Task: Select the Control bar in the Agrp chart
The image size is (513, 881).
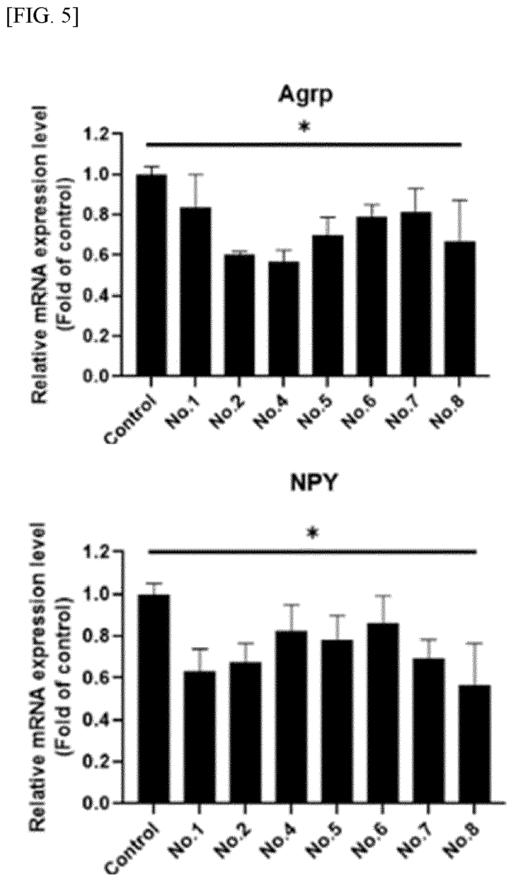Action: [x=152, y=275]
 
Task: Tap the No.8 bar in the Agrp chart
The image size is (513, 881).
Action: [x=460, y=308]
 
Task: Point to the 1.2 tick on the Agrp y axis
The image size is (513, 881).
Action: [x=95, y=134]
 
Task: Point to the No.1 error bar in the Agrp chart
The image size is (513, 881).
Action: [x=195, y=190]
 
